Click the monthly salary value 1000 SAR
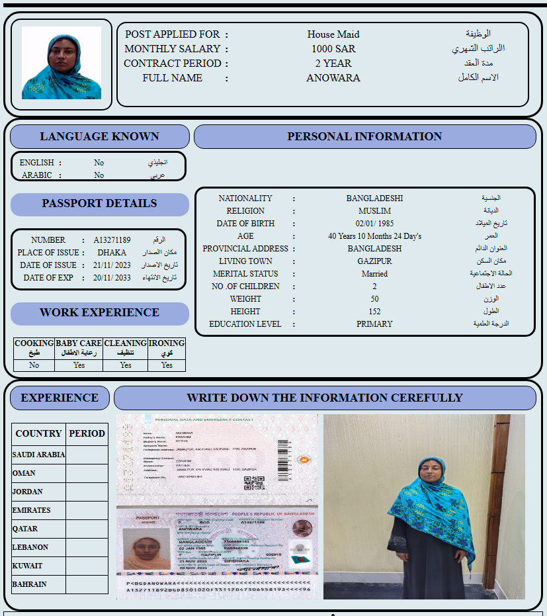pyautogui.click(x=333, y=49)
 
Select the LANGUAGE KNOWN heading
pyautogui.click(x=99, y=136)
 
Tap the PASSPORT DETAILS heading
pyautogui.click(x=99, y=204)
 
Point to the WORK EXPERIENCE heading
pyautogui.click(x=99, y=313)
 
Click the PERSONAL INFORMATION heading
pyautogui.click(x=364, y=136)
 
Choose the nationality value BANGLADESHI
pyautogui.click(x=374, y=198)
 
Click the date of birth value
pyautogui.click(x=374, y=224)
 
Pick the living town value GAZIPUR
pyautogui.click(x=374, y=261)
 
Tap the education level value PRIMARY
pyautogui.click(x=374, y=324)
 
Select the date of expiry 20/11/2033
pyautogui.click(x=112, y=278)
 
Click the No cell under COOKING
pyautogui.click(x=34, y=365)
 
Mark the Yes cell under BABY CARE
pyautogui.click(x=79, y=365)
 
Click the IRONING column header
pyautogui.click(x=167, y=348)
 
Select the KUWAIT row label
pyautogui.click(x=28, y=566)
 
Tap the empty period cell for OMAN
pyautogui.click(x=87, y=473)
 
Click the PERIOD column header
pyautogui.click(x=87, y=433)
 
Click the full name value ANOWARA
pyautogui.click(x=333, y=78)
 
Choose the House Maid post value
pyautogui.click(x=333, y=34)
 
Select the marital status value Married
pyautogui.click(x=374, y=274)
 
